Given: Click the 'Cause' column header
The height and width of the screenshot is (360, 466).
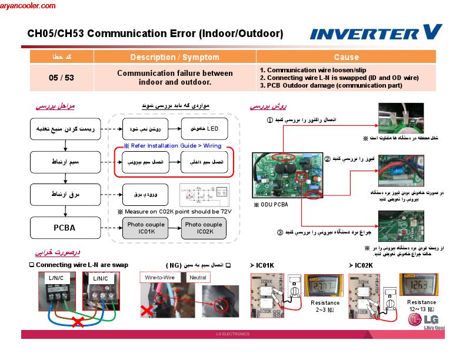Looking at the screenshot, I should tap(346, 57).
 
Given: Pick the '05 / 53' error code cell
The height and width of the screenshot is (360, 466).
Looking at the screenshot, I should tap(61, 78).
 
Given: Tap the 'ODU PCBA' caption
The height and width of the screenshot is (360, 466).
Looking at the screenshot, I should tap(271, 205).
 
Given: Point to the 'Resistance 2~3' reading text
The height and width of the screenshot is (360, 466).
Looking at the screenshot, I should tap(325, 306).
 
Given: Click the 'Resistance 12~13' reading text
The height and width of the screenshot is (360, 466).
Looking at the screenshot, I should tap(421, 306).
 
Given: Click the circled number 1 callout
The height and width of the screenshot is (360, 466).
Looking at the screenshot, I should tap(270, 120).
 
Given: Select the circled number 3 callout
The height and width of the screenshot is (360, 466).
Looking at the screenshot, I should tap(280, 232).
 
